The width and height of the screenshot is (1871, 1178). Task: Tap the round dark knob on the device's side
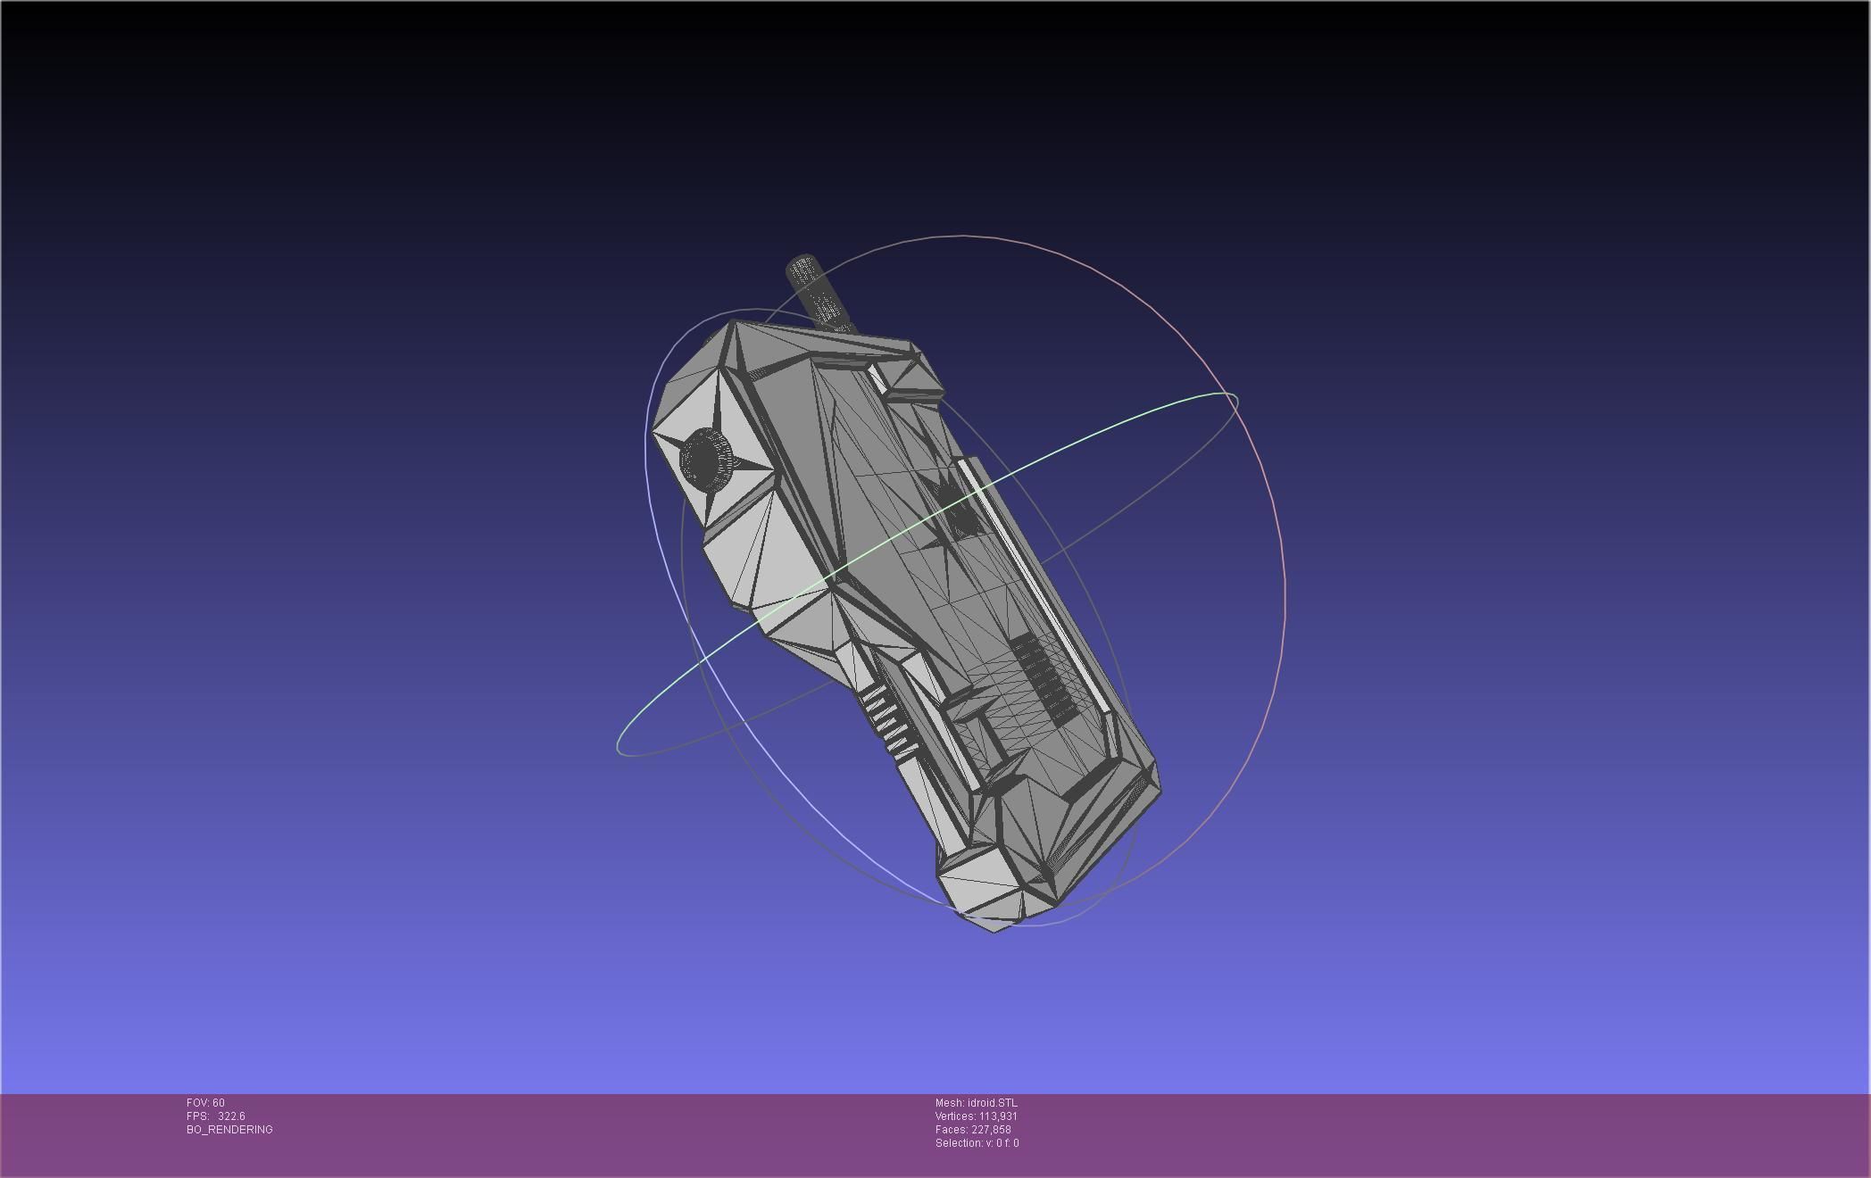coord(705,459)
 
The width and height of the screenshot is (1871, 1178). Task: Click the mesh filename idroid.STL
coord(992,1103)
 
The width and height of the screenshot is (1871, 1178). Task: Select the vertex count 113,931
coord(998,1116)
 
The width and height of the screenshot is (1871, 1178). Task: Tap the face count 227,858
coord(991,1130)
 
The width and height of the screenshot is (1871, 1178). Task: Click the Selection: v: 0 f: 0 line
coord(977,1143)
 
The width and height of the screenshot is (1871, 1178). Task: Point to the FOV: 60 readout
coord(205,1103)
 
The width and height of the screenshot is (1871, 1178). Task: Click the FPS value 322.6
coord(231,1116)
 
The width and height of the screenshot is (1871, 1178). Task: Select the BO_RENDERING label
coord(229,1130)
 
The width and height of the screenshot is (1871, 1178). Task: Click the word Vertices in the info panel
coord(954,1116)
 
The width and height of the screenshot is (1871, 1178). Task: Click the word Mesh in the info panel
coord(948,1103)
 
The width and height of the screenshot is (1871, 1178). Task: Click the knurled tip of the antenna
coord(802,268)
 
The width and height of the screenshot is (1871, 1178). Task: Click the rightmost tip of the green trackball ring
coord(1236,400)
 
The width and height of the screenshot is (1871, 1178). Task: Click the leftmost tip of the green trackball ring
coord(618,746)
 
